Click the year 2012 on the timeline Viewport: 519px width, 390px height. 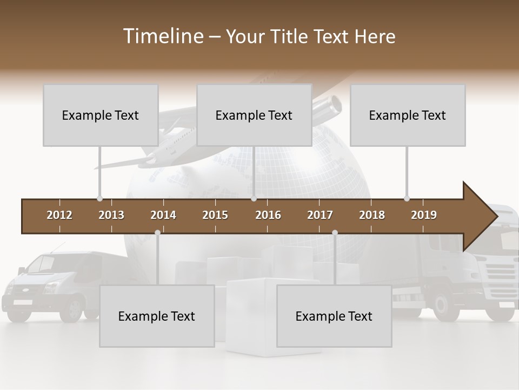(x=59, y=215)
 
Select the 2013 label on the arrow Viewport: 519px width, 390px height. (x=111, y=215)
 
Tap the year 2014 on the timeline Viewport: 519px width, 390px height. (x=163, y=215)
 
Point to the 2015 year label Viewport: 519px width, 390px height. (x=215, y=215)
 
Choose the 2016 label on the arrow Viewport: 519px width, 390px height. (x=268, y=215)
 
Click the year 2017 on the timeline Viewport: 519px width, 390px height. (x=320, y=215)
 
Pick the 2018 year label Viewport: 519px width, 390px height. (x=372, y=215)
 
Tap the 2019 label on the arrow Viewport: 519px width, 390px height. (x=424, y=215)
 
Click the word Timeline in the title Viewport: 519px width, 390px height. (x=162, y=36)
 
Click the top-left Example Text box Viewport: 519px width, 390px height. (x=101, y=115)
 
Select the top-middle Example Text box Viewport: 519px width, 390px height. (x=254, y=115)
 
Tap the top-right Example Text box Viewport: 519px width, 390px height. (x=408, y=115)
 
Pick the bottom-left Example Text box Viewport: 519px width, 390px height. (x=157, y=316)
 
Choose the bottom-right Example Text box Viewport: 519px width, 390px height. (x=334, y=316)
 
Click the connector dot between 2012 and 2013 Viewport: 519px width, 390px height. (x=99, y=199)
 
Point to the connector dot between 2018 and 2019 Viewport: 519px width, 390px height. (x=407, y=199)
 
